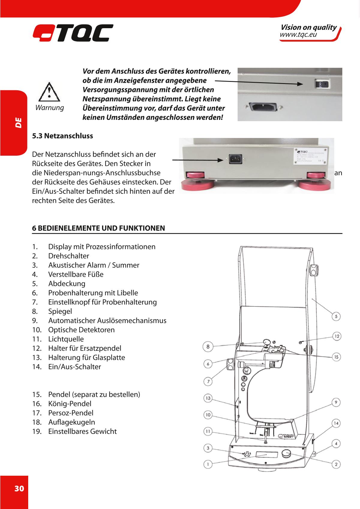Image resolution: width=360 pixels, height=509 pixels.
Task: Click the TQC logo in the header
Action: pos(73,33)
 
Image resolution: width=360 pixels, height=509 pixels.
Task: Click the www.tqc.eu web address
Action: pos(298,35)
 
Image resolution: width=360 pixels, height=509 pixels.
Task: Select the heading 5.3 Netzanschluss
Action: pos(62,136)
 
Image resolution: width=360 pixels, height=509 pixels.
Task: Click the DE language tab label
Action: pos(19,123)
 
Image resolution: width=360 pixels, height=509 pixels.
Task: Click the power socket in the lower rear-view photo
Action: pos(235,159)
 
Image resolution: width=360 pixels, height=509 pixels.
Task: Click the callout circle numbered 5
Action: pos(336,316)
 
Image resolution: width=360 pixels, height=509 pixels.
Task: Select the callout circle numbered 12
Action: pos(337,336)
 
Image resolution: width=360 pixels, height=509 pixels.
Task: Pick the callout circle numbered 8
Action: pos(208,347)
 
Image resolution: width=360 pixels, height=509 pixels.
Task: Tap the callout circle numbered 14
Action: pos(336,423)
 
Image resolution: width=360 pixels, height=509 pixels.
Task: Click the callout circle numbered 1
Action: pos(208,464)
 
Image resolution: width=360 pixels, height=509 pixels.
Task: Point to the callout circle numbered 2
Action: pos(336,464)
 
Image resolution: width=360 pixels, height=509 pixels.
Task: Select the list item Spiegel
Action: pos(60,311)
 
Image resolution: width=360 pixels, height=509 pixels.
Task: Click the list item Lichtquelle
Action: pos(66,339)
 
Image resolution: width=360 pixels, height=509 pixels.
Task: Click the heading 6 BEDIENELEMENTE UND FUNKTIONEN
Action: pos(98,228)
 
